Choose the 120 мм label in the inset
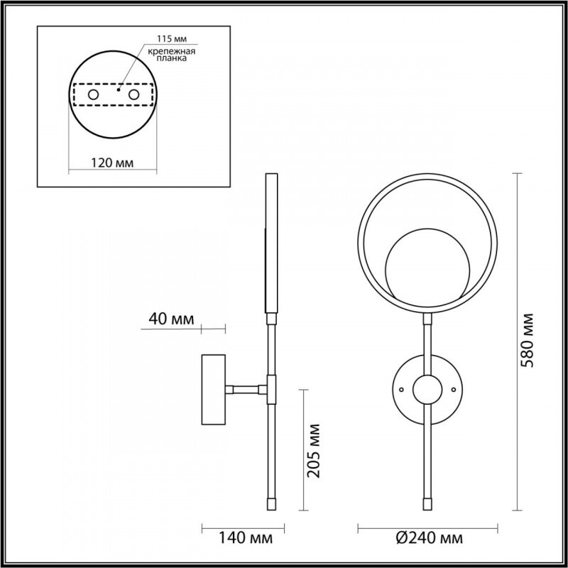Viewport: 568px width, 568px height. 113,163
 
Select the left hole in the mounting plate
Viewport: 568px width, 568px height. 93,94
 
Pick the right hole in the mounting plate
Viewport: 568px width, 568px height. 133,94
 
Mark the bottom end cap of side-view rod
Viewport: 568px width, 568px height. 270,503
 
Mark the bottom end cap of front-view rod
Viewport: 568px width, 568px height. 427,503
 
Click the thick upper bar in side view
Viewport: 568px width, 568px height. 271,241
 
